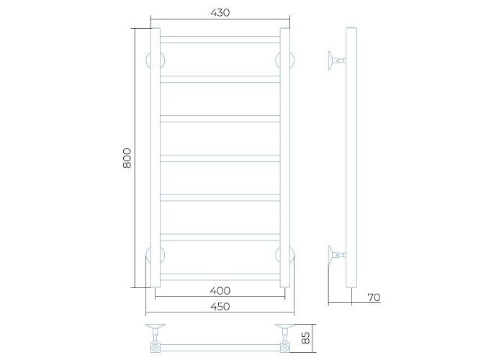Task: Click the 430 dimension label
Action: (220, 12)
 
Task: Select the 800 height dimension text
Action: (127, 158)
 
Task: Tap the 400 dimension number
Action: (220, 291)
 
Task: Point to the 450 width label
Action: (220, 306)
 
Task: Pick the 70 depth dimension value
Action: (374, 297)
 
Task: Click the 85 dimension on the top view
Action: (306, 338)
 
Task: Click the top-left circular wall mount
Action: (148, 60)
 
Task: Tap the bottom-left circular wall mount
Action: (148, 255)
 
